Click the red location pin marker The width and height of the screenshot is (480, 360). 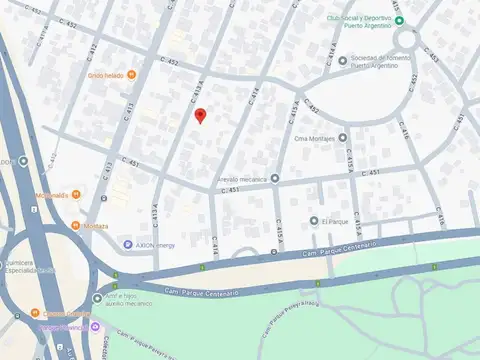[200, 115]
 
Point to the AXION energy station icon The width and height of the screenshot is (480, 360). [128, 245]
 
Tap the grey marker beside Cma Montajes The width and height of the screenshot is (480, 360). [342, 138]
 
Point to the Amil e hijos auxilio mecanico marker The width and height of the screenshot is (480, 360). [97, 298]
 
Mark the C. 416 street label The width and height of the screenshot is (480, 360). [404, 129]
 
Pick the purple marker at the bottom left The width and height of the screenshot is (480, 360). [95, 326]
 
